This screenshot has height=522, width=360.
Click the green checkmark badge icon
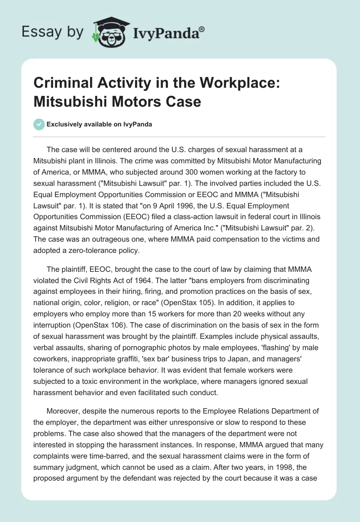click(39, 124)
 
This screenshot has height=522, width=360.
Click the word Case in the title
click(185, 101)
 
